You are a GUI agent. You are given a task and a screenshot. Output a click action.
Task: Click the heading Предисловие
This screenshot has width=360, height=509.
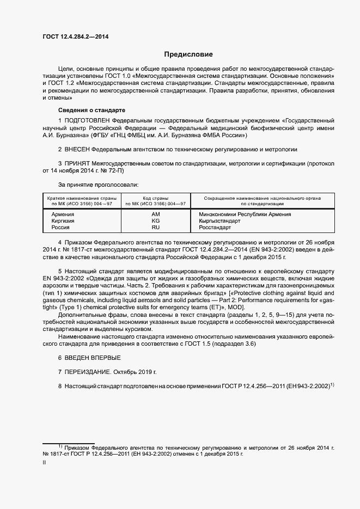(188, 54)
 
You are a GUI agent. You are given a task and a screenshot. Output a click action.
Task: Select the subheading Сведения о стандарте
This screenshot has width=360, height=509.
(84, 111)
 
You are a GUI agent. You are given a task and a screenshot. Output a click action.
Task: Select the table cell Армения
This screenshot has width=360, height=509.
(63, 214)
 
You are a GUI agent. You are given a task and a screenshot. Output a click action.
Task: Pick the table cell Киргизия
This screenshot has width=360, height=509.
(63, 221)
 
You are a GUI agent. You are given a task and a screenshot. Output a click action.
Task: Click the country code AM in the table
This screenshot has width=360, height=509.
(155, 214)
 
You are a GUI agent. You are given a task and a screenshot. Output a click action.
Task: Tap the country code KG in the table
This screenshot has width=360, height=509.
(155, 221)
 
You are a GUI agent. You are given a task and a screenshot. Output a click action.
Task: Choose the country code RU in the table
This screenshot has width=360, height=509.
(155, 228)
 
